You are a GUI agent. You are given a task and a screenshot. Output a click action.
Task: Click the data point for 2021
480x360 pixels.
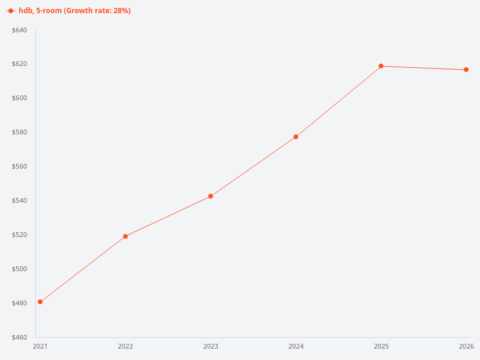40,302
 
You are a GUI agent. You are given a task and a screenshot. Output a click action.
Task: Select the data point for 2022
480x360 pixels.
125,236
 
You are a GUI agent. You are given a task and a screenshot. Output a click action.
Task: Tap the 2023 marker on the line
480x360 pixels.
211,196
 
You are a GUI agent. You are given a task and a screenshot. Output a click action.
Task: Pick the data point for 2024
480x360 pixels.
296,137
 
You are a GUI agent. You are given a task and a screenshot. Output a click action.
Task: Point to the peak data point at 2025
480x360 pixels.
381,66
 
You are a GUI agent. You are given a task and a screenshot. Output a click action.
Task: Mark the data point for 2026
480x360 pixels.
466,70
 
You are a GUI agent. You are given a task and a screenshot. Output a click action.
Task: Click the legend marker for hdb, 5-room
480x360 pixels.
11,11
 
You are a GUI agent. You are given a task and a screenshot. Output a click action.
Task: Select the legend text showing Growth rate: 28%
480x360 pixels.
75,11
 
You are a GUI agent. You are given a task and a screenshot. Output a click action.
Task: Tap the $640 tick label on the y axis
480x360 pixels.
20,30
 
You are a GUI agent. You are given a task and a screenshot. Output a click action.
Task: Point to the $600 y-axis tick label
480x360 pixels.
20,98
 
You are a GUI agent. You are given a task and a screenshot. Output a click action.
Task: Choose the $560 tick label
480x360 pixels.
20,167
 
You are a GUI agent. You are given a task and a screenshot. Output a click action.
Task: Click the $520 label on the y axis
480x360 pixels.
20,235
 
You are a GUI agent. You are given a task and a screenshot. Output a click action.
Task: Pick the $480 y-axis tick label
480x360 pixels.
20,303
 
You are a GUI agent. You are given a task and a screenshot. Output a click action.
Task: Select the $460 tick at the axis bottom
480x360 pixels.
20,337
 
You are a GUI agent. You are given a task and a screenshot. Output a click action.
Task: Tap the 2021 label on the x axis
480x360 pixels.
40,346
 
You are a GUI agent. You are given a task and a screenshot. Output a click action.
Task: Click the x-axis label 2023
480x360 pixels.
211,346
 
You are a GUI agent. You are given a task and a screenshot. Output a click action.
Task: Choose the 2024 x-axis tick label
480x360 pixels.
296,346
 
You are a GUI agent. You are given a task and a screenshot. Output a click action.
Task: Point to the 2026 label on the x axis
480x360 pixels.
466,346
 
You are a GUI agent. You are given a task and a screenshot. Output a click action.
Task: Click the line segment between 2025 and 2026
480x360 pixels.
424,68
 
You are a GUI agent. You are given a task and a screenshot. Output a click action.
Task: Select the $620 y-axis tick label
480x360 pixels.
20,64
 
